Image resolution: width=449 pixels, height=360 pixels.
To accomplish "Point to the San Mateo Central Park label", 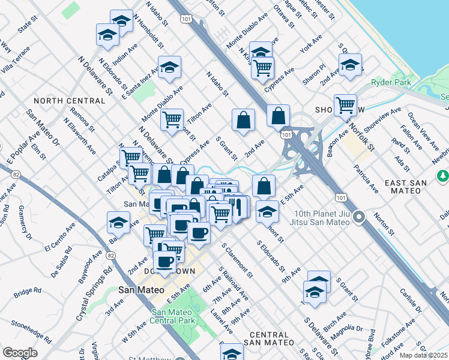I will coord(173,316).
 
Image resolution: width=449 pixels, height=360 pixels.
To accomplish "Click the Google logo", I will coord(20,353).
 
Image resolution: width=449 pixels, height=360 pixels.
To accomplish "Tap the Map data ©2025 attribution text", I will coord(423,355).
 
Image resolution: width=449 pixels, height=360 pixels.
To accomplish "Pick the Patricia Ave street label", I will coord(366,178).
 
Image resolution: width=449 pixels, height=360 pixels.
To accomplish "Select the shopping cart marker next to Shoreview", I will coord(345,106).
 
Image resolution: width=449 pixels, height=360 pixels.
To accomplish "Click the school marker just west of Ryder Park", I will coord(350,65).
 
